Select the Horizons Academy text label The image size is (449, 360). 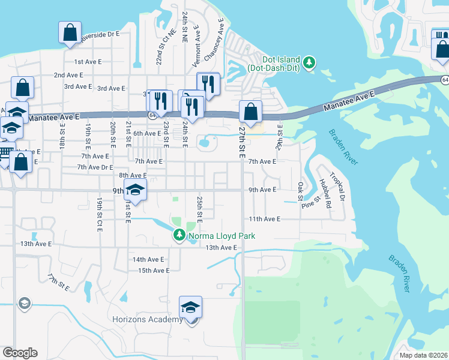click(148, 319)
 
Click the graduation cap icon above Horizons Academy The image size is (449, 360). click(191, 308)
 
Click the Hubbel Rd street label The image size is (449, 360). click(325, 193)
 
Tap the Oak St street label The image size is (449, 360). click(300, 192)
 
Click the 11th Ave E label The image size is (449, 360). click(265, 220)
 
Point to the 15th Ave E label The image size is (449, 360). click(154, 271)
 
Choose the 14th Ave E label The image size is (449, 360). click(148, 259)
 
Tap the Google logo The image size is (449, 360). click(20, 353)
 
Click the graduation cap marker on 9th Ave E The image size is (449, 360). click(136, 190)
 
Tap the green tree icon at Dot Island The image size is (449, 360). click(309, 63)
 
